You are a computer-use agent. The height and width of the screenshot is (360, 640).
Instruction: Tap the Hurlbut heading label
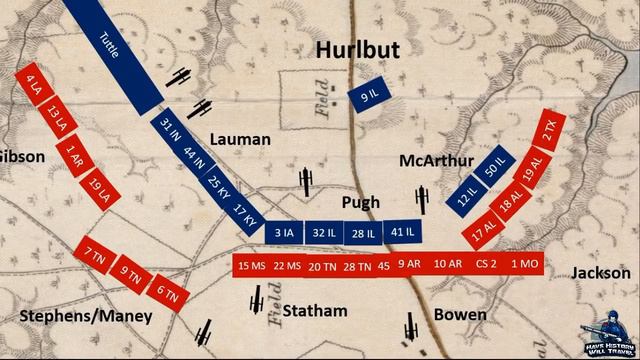(358, 49)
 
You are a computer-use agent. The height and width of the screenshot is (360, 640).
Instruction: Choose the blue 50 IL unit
(492, 167)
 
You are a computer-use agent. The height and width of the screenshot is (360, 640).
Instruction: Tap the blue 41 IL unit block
(402, 231)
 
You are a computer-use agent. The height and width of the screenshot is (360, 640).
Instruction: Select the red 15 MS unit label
(251, 265)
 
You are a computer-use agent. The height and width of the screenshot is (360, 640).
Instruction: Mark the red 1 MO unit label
(523, 265)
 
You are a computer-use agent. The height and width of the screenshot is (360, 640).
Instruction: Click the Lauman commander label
(242, 138)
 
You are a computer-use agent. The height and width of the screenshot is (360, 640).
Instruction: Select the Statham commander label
(313, 310)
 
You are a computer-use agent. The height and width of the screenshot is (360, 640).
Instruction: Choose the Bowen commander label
(460, 315)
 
